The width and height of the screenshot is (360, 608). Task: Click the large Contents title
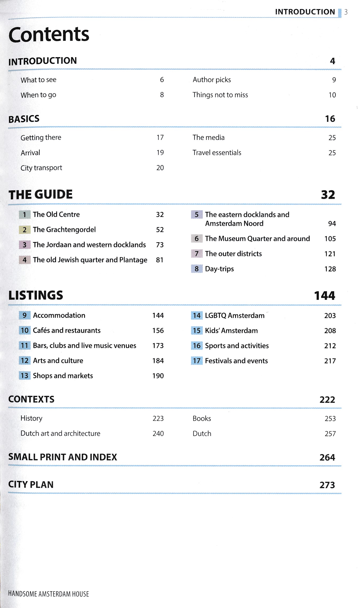click(49, 34)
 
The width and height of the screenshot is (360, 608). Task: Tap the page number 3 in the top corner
click(346, 12)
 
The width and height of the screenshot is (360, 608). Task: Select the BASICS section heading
click(24, 119)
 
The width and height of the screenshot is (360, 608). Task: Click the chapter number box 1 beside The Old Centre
click(25, 214)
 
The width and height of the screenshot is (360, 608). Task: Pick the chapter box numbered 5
click(197, 214)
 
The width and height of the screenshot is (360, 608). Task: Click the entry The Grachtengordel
click(64, 229)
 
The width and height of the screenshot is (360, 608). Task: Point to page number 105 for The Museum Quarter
click(330, 239)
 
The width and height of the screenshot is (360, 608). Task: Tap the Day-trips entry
click(219, 269)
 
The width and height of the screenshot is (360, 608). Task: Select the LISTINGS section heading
click(36, 295)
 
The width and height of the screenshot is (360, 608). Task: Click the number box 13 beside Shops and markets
click(25, 376)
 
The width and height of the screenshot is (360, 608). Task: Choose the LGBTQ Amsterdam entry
click(235, 316)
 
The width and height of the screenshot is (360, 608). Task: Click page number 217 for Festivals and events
click(330, 361)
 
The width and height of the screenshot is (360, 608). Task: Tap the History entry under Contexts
click(31, 418)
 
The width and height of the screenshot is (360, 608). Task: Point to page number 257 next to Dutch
click(330, 434)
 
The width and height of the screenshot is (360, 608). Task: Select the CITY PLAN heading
click(31, 484)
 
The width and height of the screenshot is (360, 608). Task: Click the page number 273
click(327, 485)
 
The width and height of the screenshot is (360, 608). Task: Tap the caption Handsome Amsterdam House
click(49, 594)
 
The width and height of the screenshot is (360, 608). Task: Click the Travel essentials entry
click(217, 153)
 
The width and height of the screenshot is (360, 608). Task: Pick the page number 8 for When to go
click(162, 95)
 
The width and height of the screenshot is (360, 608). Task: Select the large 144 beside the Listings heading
click(324, 296)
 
